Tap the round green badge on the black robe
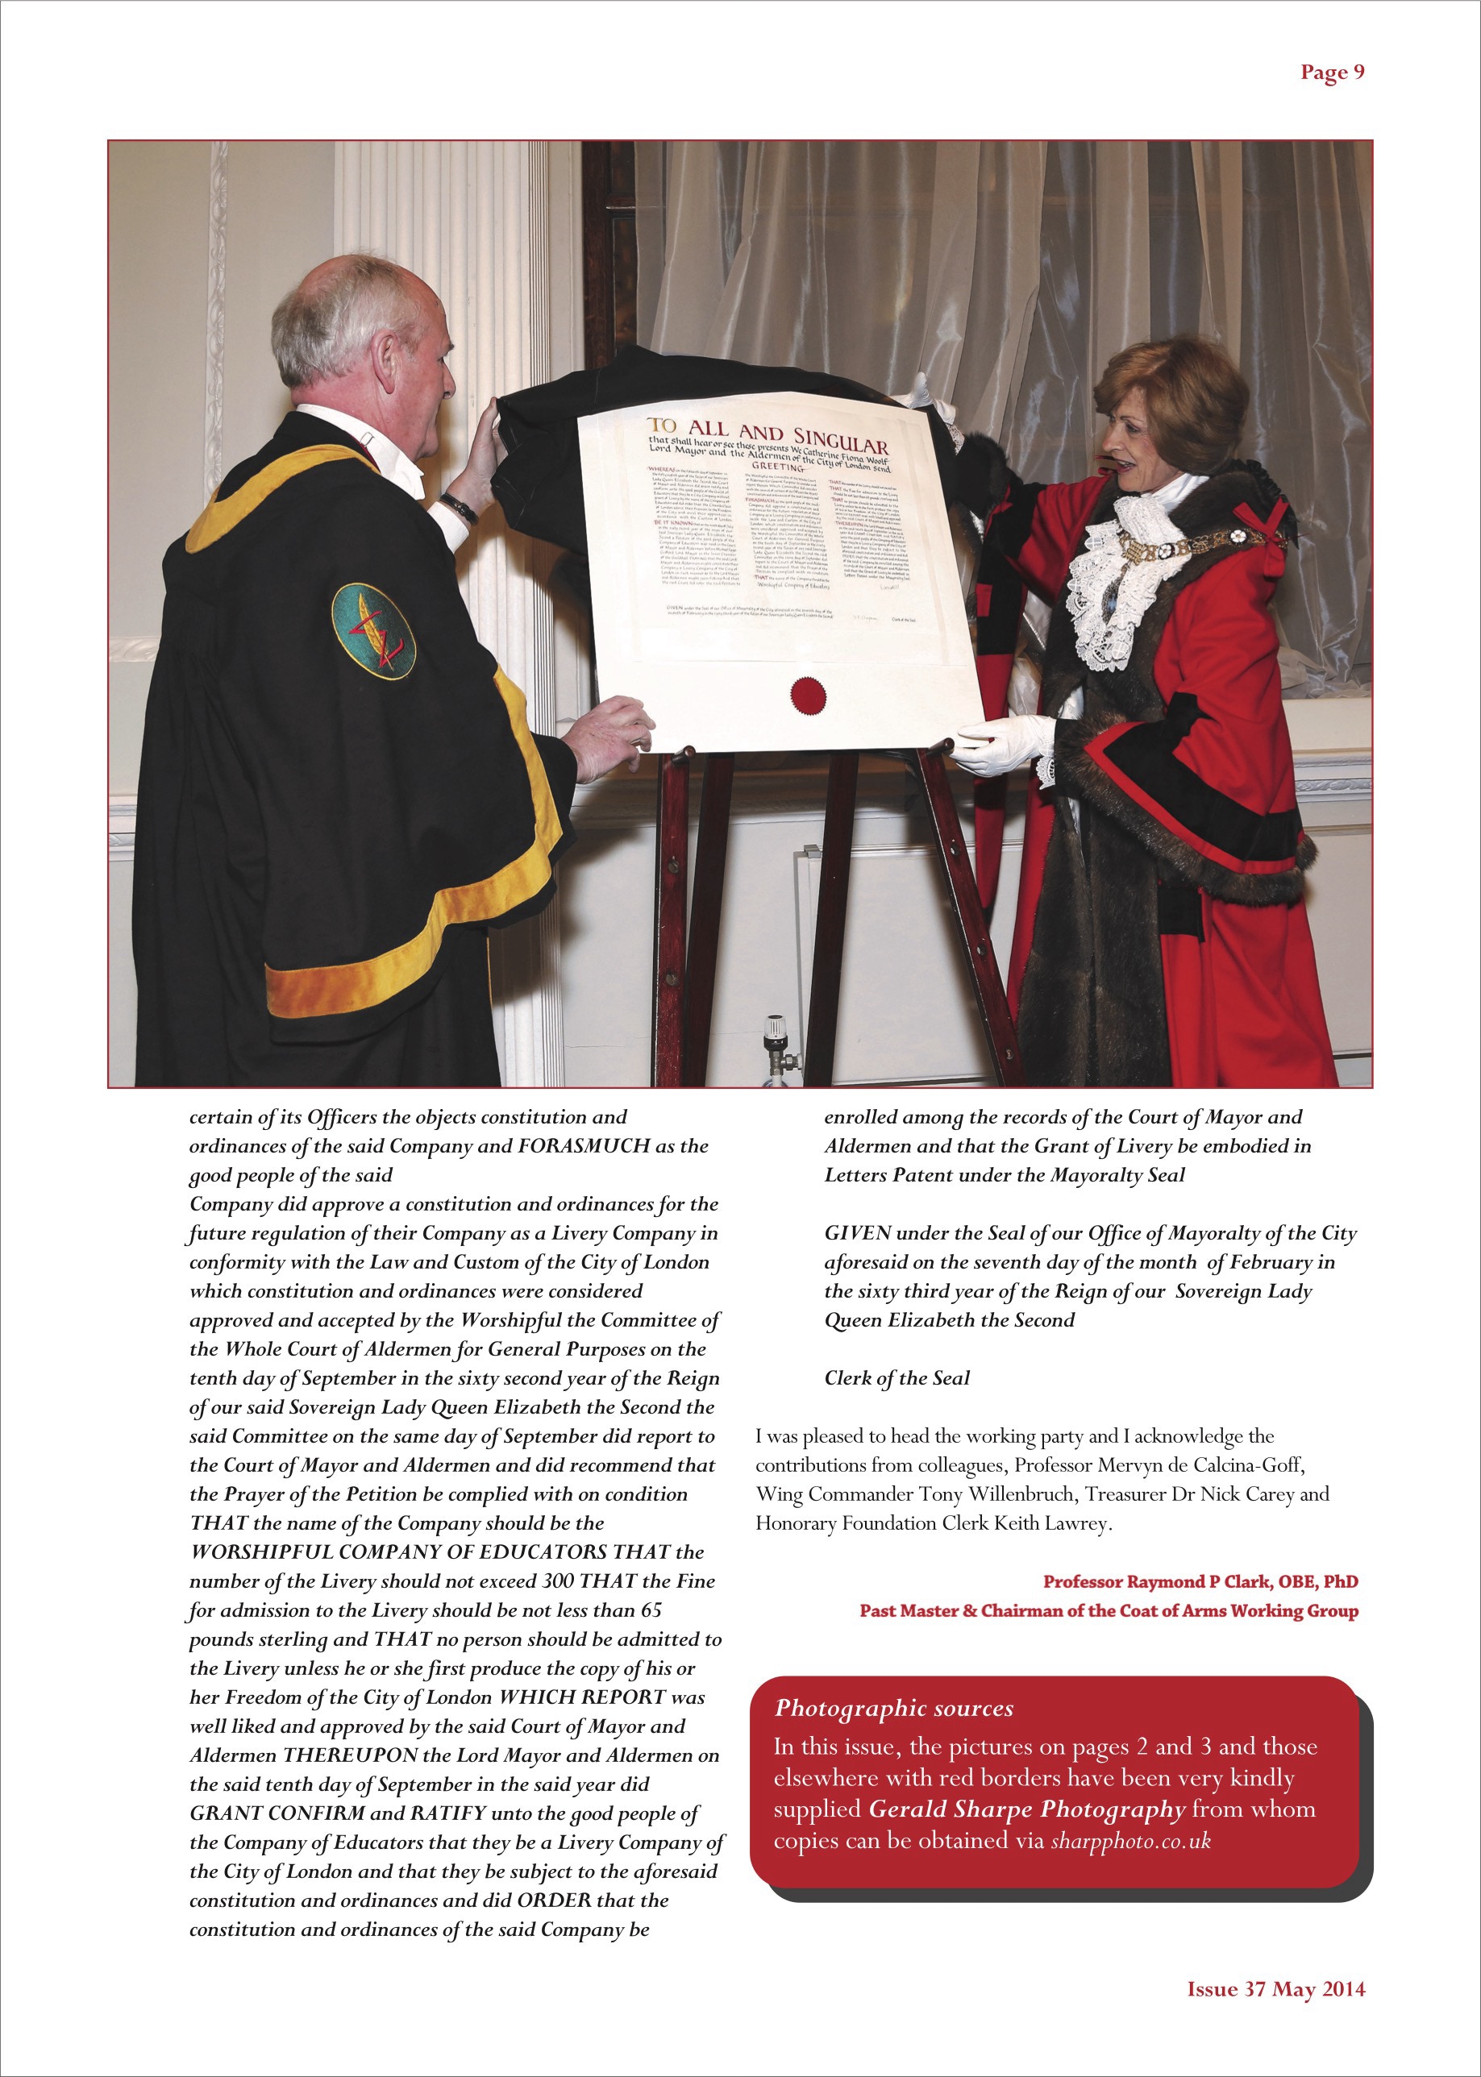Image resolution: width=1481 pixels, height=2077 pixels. tap(373, 631)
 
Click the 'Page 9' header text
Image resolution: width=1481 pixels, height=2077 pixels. tap(1331, 73)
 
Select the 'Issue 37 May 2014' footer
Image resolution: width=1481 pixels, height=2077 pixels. tap(1275, 1988)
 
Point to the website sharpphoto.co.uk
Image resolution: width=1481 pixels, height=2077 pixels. tap(1130, 1841)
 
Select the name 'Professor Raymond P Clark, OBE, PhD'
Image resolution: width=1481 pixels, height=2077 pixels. tap(1200, 1581)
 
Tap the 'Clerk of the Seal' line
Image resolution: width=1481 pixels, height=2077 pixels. tap(897, 1377)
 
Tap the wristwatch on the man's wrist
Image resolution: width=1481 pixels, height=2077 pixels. tap(458, 508)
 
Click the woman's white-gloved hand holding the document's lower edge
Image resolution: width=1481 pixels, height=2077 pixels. tap(1003, 741)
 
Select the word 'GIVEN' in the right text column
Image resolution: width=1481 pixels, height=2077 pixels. tap(857, 1234)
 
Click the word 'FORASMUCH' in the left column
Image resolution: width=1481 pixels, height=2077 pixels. tap(584, 1146)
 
